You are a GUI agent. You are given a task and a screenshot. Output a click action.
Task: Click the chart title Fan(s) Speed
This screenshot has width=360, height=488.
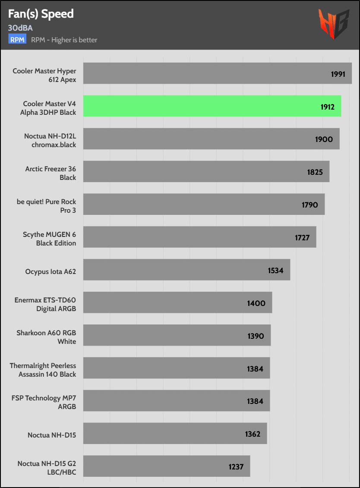point(41,14)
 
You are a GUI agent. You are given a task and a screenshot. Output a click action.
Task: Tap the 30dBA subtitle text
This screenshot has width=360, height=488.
point(20,28)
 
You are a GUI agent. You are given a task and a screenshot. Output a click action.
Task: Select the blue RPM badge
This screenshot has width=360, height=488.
point(17,40)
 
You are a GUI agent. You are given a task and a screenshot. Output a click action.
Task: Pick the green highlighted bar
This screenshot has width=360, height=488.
point(212,106)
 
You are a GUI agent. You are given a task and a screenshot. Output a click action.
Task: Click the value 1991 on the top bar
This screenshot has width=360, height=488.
point(338,74)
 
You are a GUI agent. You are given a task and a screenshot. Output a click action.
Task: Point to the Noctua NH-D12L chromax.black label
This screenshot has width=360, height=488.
point(50,140)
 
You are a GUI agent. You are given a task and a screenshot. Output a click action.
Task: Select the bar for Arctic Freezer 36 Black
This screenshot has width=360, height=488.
point(206,171)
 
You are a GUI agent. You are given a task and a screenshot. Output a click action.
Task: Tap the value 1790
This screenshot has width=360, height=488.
point(310,205)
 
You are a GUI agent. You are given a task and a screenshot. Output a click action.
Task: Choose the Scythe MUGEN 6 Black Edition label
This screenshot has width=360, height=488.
point(49,239)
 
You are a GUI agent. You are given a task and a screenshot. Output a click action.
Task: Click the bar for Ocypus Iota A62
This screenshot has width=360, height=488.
point(186,270)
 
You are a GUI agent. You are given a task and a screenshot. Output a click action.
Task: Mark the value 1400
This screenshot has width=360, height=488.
point(256,303)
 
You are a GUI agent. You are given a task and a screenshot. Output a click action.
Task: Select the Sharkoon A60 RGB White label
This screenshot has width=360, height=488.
point(46,337)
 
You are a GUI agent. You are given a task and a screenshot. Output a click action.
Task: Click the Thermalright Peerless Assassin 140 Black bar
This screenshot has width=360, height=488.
point(177,368)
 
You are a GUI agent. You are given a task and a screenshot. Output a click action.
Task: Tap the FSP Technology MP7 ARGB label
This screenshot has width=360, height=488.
point(44,403)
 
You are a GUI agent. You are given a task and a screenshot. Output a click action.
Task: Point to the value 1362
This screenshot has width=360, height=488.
point(253,434)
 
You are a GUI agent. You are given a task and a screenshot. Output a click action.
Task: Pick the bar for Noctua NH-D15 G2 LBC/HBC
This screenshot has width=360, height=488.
point(167,466)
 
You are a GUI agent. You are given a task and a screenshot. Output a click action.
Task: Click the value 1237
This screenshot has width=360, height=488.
point(236,467)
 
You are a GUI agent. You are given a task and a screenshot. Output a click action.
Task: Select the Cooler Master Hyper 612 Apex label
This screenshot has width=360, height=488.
point(44,75)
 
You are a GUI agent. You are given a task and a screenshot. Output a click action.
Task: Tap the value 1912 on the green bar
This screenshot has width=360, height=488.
point(327,107)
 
